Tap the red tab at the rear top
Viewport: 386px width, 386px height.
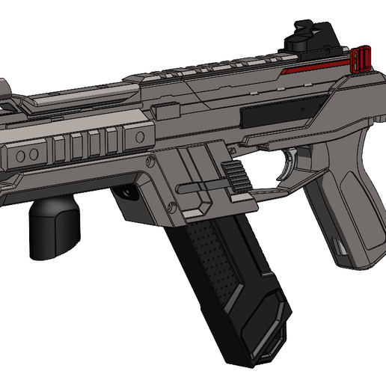tap(361, 60)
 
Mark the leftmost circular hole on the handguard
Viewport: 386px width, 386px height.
tap(21, 153)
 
